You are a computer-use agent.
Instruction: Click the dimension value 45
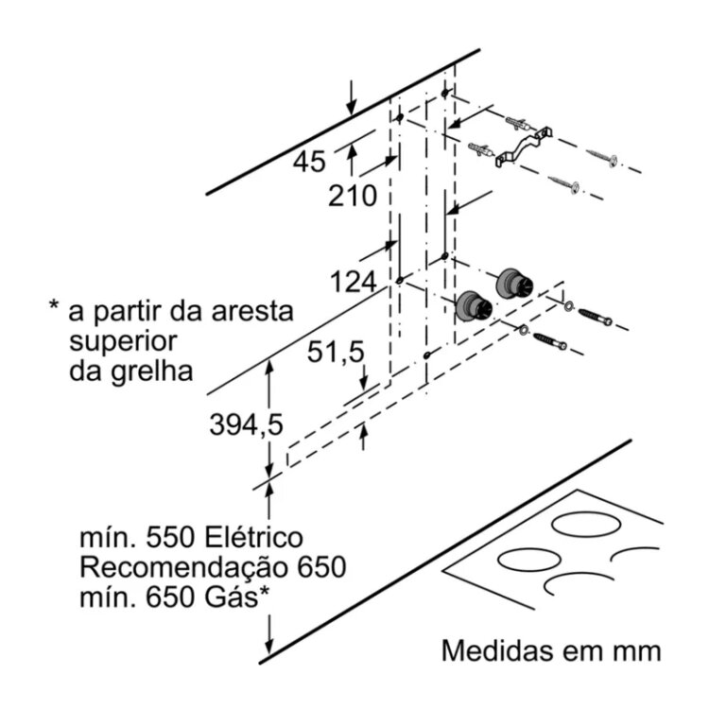click(x=309, y=162)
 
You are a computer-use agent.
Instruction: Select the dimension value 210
click(x=353, y=197)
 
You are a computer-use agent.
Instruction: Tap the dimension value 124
click(x=353, y=282)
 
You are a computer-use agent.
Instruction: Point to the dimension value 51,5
click(x=335, y=353)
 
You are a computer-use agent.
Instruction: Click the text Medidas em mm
click(x=548, y=651)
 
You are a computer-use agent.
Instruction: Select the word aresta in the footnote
click(x=247, y=310)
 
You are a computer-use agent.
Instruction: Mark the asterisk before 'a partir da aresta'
click(x=54, y=307)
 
